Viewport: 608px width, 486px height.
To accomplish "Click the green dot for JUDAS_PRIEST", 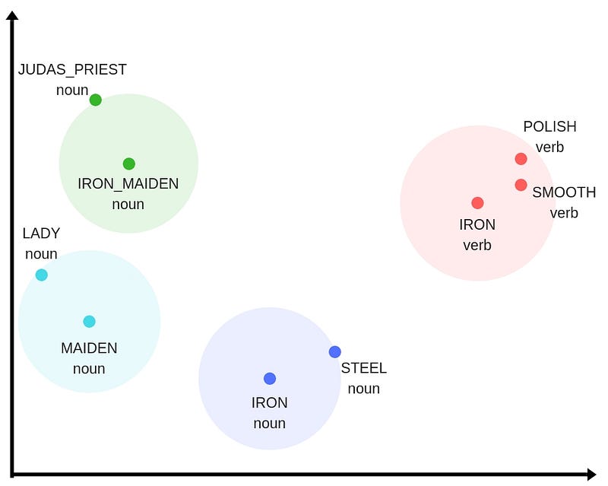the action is tap(96, 100).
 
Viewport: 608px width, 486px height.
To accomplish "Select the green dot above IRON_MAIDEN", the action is tap(128, 164).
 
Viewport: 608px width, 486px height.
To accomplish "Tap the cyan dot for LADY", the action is tap(42, 275).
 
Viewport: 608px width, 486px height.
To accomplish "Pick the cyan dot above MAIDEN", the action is tap(89, 322).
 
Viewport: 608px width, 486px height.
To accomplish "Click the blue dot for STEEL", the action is tap(334, 352).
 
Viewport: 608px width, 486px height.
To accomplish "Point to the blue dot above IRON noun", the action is tap(270, 379).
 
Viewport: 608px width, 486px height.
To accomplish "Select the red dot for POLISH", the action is tap(521, 159).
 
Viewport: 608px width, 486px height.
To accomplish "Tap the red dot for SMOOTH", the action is tap(521, 185).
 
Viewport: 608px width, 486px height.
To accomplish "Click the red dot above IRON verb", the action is tap(477, 202).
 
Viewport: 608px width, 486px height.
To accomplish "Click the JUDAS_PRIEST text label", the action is tap(72, 70).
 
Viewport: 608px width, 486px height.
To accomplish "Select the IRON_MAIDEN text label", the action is tap(128, 183).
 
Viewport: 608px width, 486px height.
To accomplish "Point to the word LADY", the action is tap(42, 233).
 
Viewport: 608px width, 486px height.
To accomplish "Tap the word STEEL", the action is tap(364, 368).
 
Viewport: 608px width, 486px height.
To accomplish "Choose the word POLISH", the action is tap(549, 126).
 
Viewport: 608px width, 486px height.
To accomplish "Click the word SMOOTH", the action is tap(564, 192).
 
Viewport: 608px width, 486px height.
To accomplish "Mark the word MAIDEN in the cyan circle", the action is tap(89, 348).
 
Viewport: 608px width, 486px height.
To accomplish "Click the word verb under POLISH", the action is tap(549, 148).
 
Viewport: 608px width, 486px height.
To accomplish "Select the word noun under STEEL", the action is tap(364, 389).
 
